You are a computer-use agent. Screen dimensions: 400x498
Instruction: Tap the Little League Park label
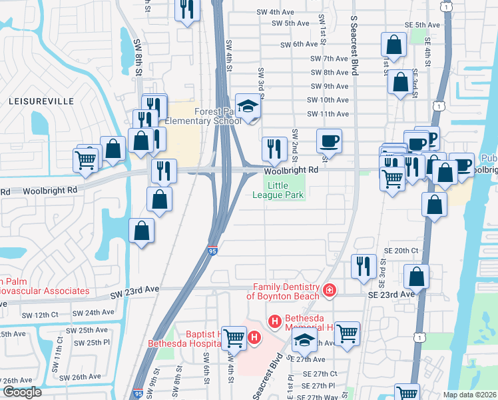coord(278,190)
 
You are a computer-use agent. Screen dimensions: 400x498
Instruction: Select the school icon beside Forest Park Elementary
coord(248,107)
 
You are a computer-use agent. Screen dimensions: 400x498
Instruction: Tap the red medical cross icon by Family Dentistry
coord(328,290)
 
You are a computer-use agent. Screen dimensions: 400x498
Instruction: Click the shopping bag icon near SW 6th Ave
coord(394,45)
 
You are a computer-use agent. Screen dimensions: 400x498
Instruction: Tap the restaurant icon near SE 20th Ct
coord(364,266)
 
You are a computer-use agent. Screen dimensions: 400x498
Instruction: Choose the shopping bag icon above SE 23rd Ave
coord(416,276)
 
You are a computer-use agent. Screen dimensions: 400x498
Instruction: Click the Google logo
coord(22,392)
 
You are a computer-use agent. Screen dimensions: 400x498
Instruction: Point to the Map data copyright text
coord(469,395)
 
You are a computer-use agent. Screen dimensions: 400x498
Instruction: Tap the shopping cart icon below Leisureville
coord(86,160)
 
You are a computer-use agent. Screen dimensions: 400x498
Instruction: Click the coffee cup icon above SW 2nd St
coord(329,141)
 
